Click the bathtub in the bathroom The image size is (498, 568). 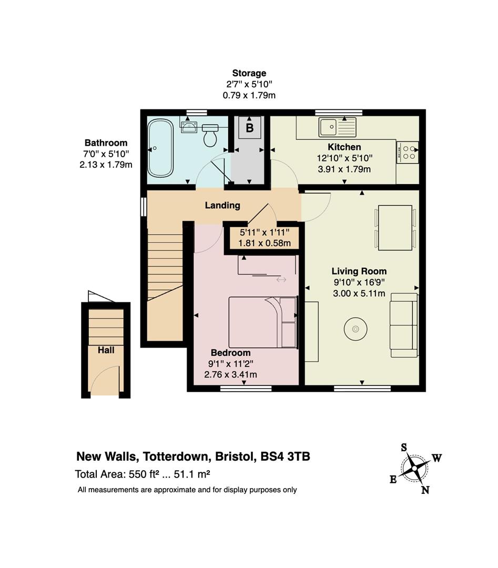click(x=160, y=148)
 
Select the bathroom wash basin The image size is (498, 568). click(x=189, y=127)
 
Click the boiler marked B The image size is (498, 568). click(x=250, y=127)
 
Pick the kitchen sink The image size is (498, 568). click(x=337, y=127)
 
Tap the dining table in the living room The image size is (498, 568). click(x=395, y=228)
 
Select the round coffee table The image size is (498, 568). click(x=355, y=329)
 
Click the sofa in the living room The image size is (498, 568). click(x=404, y=325)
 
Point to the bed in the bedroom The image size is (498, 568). click(x=263, y=322)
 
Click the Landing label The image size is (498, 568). click(x=222, y=206)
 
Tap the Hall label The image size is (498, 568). click(x=106, y=350)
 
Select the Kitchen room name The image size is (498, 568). click(x=344, y=147)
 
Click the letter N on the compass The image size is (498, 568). click(x=425, y=490)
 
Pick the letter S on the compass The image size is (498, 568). click(x=404, y=448)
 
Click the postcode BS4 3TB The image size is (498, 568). click(x=286, y=457)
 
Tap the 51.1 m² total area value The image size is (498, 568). click(x=192, y=474)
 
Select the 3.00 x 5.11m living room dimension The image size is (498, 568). click(x=359, y=293)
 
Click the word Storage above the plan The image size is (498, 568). click(x=249, y=74)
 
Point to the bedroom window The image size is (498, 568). click(x=246, y=388)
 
